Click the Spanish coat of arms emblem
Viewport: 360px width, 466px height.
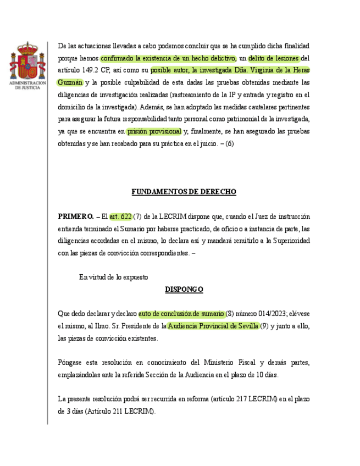tap(27, 60)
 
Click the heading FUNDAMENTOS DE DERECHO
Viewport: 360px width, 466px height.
tap(184, 192)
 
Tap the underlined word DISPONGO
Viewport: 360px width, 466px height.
tap(184, 289)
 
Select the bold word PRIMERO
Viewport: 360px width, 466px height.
tap(76, 216)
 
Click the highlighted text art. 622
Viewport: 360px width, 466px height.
tap(120, 216)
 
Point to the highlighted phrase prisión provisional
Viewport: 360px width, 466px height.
tap(154, 131)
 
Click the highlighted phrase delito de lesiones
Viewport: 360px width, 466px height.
tap(274, 58)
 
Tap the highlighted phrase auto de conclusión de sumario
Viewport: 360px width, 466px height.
tap(181, 313)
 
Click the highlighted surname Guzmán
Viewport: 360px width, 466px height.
tap(70, 82)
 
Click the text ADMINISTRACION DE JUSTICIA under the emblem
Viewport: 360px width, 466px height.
tap(27, 85)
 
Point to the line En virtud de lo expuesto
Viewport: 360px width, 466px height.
tap(113, 277)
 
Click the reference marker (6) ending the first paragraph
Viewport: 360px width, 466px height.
tap(229, 143)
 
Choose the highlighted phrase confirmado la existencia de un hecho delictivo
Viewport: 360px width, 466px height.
tap(168, 58)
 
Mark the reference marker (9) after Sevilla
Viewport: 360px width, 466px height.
tap(264, 326)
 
